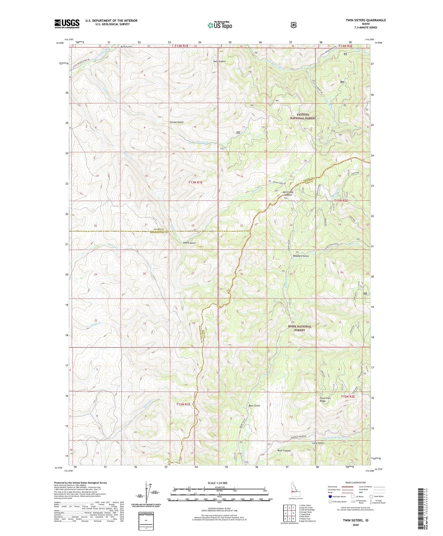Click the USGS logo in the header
[x=67, y=24]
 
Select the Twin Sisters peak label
[x=220, y=61]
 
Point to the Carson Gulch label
[x=177, y=122]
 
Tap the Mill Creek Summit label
[x=288, y=193]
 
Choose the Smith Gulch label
[x=189, y=243]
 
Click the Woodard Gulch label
[x=301, y=256]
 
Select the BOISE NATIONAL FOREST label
[x=300, y=328]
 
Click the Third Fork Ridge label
[x=325, y=399]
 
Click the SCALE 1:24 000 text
[x=217, y=483]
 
